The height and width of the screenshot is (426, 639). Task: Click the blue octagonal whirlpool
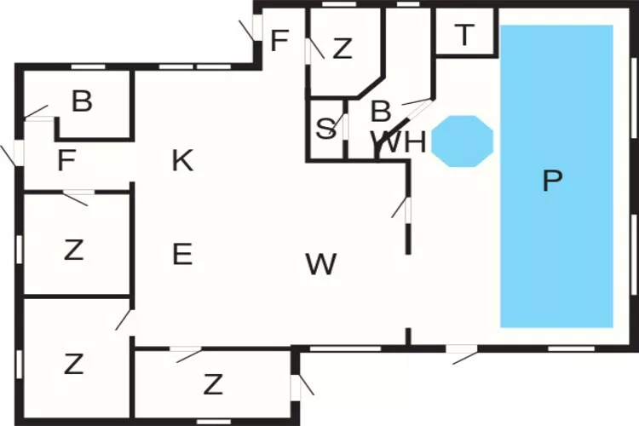462,141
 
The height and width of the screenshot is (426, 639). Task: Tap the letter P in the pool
553,181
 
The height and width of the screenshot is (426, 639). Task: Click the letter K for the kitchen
182,160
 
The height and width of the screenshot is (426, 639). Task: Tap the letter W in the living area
321,264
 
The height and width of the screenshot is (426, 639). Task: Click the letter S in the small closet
326,129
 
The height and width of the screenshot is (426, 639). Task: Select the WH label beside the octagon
398,142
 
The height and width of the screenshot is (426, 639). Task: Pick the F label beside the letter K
66,161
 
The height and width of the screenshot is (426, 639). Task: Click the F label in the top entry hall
279,41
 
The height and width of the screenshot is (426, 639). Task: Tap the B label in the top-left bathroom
82,101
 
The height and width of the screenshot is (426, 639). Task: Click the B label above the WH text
381,111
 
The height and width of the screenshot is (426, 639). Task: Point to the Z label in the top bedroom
342,48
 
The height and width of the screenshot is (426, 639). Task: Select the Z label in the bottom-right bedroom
213,384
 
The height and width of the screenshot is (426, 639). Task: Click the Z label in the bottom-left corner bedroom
74,364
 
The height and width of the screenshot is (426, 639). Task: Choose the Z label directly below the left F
74,250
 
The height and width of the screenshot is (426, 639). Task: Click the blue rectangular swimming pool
556,176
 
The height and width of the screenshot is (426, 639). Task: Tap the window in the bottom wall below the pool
572,348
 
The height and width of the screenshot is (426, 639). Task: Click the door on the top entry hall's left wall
256,27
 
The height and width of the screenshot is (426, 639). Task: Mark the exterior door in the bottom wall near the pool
462,350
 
